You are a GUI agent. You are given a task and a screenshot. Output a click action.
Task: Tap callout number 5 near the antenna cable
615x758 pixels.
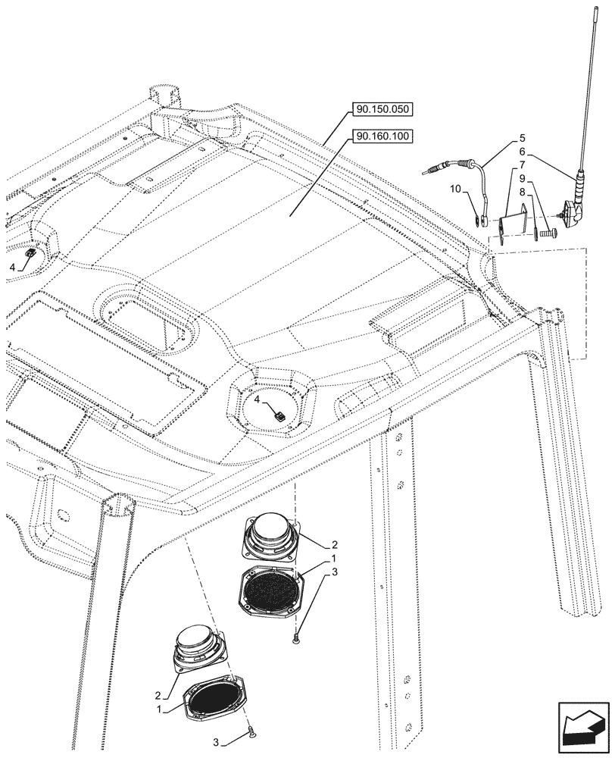522,139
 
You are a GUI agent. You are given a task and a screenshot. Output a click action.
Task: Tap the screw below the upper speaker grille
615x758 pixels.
295,641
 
